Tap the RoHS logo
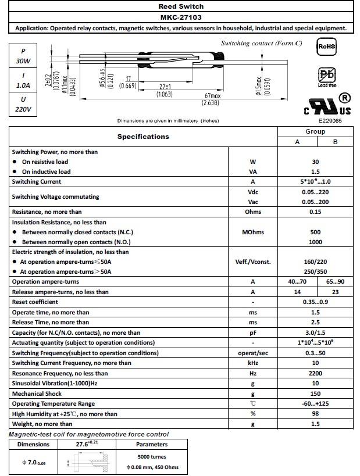tap(326, 46)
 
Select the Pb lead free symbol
tap(326, 76)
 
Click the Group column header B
tap(334, 142)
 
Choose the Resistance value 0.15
tap(315, 212)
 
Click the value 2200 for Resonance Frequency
tap(315, 373)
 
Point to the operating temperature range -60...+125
tap(315, 403)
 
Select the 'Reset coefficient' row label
tap(35, 302)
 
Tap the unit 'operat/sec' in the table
tap(252, 353)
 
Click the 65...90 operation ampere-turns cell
tap(334, 282)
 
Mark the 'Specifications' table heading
tap(143, 137)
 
